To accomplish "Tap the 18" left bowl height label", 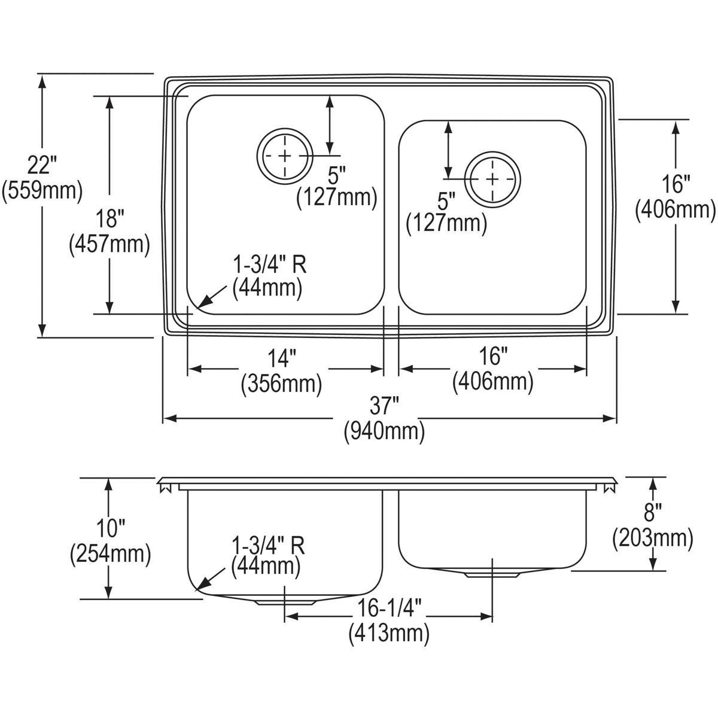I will pyautogui.click(x=108, y=218).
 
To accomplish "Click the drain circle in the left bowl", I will pyautogui.click(x=284, y=157).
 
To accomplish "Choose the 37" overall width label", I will pyautogui.click(x=384, y=407).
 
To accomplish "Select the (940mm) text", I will pyautogui.click(x=384, y=431).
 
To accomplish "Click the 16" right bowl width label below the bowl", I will pyautogui.click(x=492, y=357).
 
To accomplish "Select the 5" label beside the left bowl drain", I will pyautogui.click(x=337, y=175).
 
